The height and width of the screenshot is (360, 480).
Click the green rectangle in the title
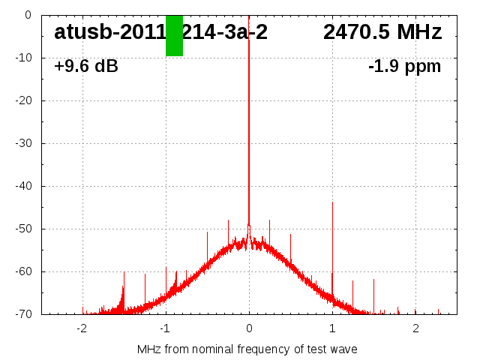pyautogui.click(x=174, y=35)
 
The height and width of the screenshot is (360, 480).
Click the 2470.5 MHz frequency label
pyautogui.click(x=382, y=32)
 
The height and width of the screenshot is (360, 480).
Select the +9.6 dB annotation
pyautogui.click(x=86, y=67)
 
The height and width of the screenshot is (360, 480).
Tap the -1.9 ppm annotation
pyautogui.click(x=405, y=67)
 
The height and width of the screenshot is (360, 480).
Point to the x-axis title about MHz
pyautogui.click(x=247, y=349)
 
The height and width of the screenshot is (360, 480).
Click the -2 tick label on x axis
pyautogui.click(x=82, y=328)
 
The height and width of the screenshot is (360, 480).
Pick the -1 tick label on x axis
pyautogui.click(x=165, y=328)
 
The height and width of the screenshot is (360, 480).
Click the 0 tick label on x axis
pyautogui.click(x=249, y=328)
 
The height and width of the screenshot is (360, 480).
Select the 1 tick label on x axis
pyautogui.click(x=332, y=328)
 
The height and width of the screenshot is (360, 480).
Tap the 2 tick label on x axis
pyautogui.click(x=415, y=328)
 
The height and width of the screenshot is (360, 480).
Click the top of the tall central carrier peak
pyautogui.click(x=249, y=18)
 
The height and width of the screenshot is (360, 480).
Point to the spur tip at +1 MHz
pyautogui.click(x=332, y=202)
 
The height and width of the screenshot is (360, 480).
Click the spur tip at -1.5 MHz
pyautogui.click(x=124, y=272)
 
